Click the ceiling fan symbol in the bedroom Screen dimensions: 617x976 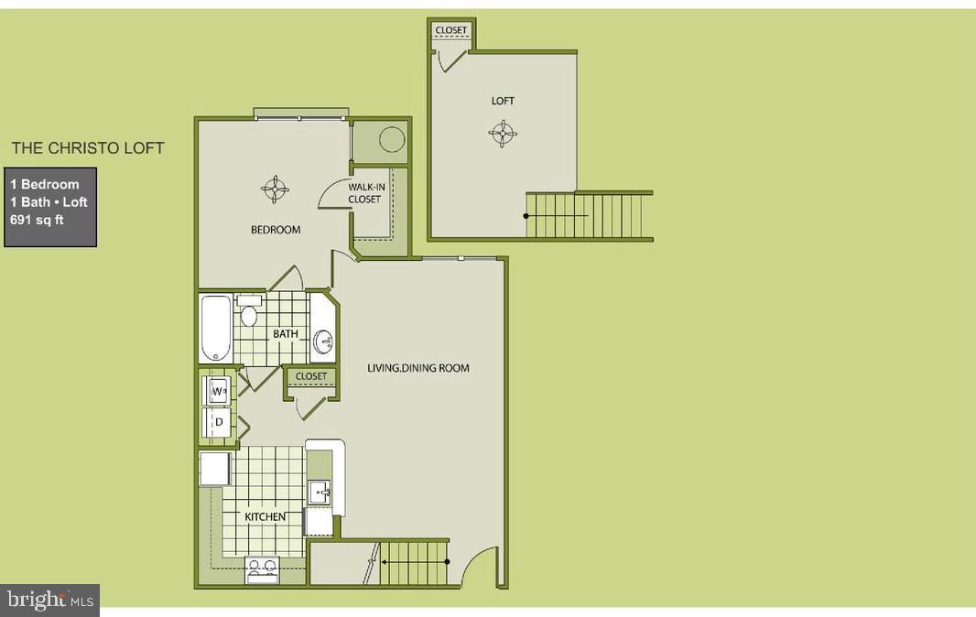click(x=276, y=189)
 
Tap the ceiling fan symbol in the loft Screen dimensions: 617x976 click(x=503, y=135)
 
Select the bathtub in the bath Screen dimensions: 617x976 click(x=215, y=328)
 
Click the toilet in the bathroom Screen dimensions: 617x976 click(x=248, y=314)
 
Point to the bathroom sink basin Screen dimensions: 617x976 click(x=323, y=341)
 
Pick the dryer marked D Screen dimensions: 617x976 click(x=218, y=422)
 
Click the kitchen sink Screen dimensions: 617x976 click(x=320, y=492)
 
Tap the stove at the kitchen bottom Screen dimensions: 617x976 click(x=261, y=570)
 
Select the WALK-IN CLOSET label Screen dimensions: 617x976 click(x=364, y=193)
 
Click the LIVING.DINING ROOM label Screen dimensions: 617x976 click(x=418, y=368)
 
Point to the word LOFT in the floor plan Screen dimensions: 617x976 click(x=503, y=101)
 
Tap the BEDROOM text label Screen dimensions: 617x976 click(x=276, y=230)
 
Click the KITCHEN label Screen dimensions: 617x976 click(x=265, y=517)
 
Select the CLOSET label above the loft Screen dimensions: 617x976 click(x=450, y=30)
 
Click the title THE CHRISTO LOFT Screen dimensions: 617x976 click(x=88, y=147)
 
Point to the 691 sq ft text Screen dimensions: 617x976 click(x=37, y=220)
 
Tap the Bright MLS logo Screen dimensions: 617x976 click(x=49, y=601)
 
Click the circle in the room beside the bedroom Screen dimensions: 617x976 click(x=392, y=140)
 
